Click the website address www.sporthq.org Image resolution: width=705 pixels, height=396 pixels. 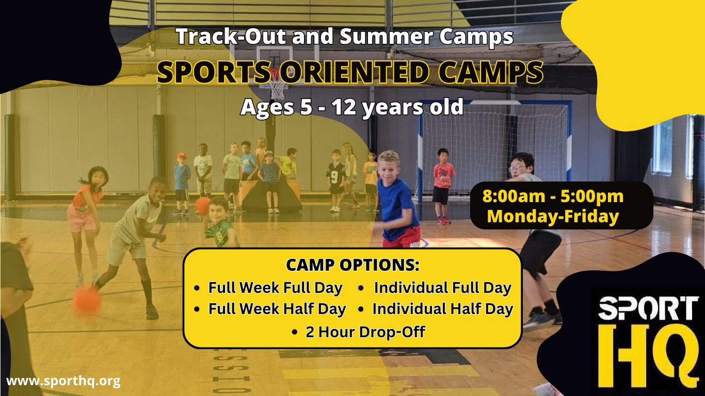(x=63, y=381)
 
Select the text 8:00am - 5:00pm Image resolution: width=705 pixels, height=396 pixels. (x=553, y=196)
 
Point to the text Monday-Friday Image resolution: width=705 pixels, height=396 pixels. (x=553, y=217)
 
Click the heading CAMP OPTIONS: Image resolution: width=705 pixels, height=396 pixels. (x=352, y=265)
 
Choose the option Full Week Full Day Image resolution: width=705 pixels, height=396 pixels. (x=276, y=288)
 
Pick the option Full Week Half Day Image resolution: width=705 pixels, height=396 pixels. (x=277, y=309)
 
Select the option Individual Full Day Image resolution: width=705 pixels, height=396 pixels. (x=443, y=288)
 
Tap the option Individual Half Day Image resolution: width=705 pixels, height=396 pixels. (x=443, y=309)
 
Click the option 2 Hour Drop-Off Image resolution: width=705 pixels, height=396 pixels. (x=365, y=332)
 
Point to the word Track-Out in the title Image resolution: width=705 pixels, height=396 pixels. (x=231, y=37)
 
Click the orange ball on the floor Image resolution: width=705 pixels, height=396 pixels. (x=87, y=302)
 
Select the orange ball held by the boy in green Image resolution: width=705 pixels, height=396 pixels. (x=202, y=206)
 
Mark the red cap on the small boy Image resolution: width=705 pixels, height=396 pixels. (x=182, y=156)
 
